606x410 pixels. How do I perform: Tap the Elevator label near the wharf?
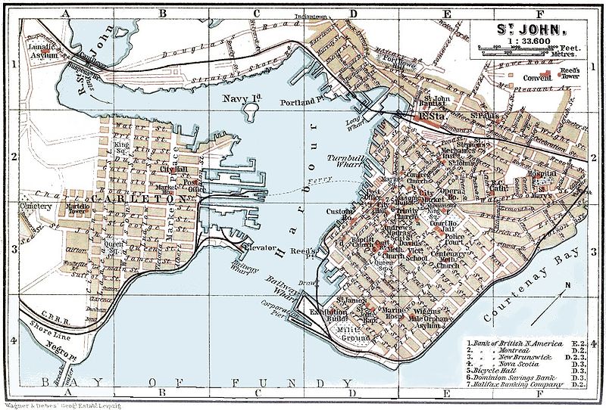click(257, 247)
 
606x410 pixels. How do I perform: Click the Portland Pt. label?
click(297, 101)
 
